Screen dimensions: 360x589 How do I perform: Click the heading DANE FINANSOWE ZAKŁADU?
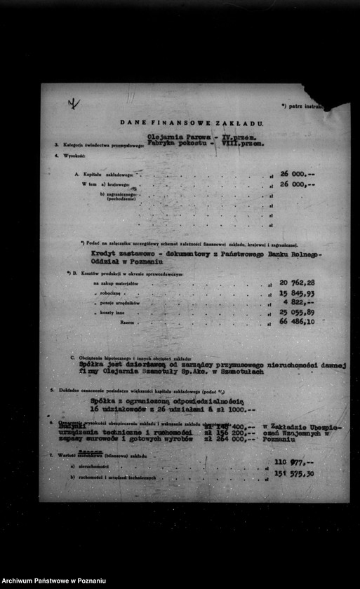192,123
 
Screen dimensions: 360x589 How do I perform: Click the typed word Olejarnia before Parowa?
164,137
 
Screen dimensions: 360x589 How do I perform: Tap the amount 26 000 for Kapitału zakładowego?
298,172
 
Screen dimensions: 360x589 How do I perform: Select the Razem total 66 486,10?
297,321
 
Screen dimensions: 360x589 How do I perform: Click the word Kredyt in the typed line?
103,254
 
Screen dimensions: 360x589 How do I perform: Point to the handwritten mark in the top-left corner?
73,104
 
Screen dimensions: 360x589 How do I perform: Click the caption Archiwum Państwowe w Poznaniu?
53,581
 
